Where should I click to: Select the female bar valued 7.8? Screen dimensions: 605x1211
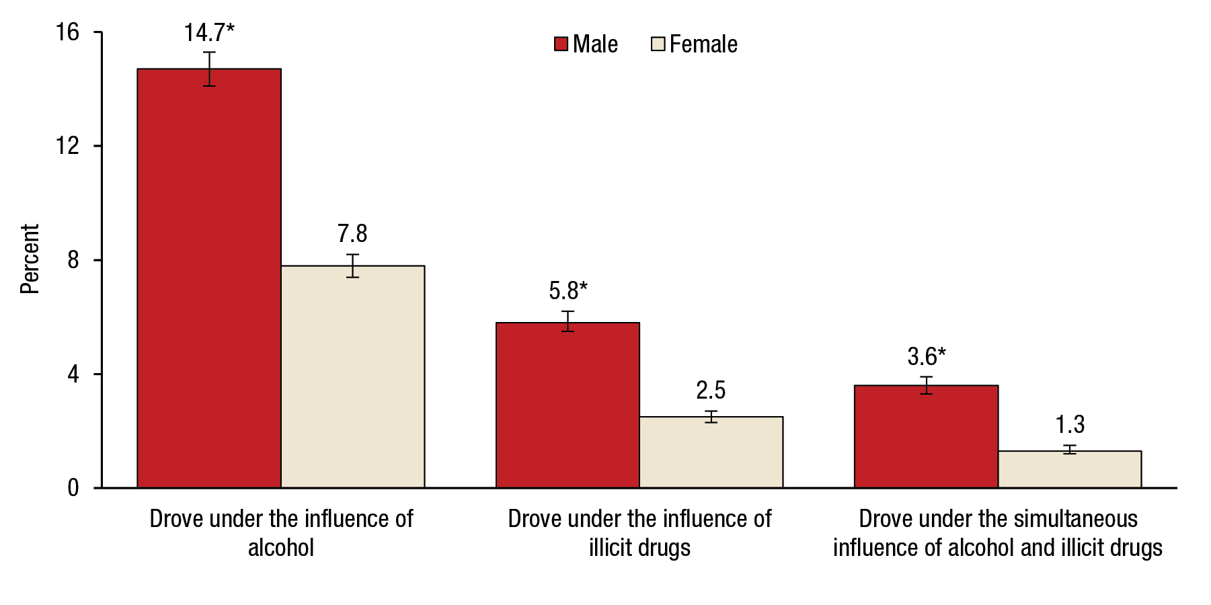[352, 376]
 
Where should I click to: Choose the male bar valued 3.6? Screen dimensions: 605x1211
[926, 436]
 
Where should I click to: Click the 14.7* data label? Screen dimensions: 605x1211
[209, 32]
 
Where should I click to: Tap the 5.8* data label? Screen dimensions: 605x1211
[568, 290]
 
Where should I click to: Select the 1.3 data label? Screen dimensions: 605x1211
[1069, 424]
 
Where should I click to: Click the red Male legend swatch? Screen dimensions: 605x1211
[561, 44]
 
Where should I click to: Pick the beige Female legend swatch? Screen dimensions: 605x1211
[658, 44]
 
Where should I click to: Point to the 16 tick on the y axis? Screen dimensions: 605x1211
[68, 32]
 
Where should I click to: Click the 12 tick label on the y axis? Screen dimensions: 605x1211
[68, 146]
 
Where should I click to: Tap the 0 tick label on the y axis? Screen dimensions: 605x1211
[73, 487]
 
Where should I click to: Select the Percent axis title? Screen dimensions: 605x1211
[30, 259]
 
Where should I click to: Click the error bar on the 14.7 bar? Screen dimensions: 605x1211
[209, 69]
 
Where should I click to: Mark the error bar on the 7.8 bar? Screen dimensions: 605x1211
[352, 266]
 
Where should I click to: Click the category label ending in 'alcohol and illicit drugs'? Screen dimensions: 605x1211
[998, 533]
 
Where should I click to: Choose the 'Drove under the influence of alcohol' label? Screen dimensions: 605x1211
[281, 533]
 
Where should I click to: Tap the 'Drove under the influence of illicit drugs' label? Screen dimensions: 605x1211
[639, 533]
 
